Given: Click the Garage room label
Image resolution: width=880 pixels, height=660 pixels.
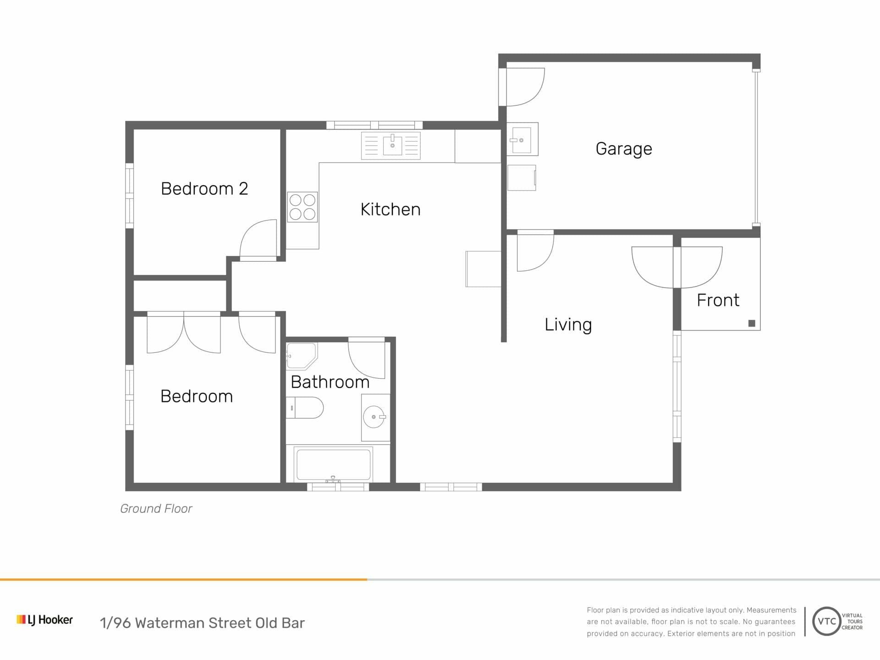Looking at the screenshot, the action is coord(623,149).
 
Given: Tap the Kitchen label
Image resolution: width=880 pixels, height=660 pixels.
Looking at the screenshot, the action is coord(390,209).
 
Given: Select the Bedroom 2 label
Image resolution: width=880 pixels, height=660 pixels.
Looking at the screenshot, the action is coord(204,189).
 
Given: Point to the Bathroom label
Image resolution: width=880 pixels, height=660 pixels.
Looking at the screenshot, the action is coord(330,382).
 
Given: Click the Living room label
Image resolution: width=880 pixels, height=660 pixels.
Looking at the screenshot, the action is coord(568,325).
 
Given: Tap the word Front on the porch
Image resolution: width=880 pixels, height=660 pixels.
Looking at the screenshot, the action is coord(718,300).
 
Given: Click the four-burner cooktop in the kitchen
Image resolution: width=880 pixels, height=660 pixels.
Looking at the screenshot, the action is coord(302,207).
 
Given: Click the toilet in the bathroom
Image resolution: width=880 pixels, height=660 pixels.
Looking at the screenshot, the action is coord(305,407).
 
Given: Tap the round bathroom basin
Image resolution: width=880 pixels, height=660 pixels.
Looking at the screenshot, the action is coord(374,417).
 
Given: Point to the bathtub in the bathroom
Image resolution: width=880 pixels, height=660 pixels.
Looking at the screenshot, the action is coord(333,464).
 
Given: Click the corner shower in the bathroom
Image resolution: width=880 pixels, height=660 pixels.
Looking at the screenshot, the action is coord(302,356).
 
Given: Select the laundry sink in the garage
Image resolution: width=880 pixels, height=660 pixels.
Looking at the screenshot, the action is coord(522,139).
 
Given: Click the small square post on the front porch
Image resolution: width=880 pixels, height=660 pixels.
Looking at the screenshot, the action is coord(752,323).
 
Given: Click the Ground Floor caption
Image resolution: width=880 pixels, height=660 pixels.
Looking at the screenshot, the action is coord(156,509).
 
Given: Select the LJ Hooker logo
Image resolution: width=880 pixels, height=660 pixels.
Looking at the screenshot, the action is coord(44,620).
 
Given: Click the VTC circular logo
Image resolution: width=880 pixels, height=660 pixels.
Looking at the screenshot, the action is coord(826,621).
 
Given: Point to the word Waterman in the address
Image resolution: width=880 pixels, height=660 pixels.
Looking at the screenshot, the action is coord(169,623).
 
